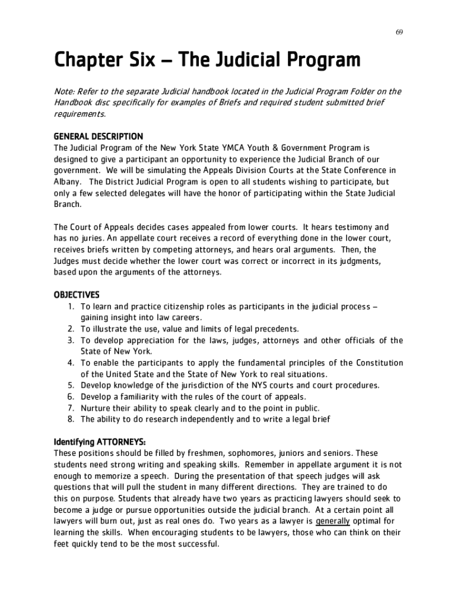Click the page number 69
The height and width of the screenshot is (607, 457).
click(401, 31)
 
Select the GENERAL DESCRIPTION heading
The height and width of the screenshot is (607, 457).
click(99, 136)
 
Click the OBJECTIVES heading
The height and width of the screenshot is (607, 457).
click(77, 295)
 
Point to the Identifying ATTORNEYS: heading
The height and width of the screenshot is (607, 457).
click(100, 442)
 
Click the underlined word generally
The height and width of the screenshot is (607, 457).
click(333, 521)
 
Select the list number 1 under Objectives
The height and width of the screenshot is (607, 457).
click(70, 306)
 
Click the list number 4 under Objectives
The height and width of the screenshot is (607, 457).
click(70, 363)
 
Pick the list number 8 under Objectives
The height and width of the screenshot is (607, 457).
click(70, 419)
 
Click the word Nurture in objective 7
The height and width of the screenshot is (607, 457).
click(96, 408)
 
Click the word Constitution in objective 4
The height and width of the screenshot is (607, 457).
click(379, 363)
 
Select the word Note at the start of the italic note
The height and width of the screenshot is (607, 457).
click(64, 91)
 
